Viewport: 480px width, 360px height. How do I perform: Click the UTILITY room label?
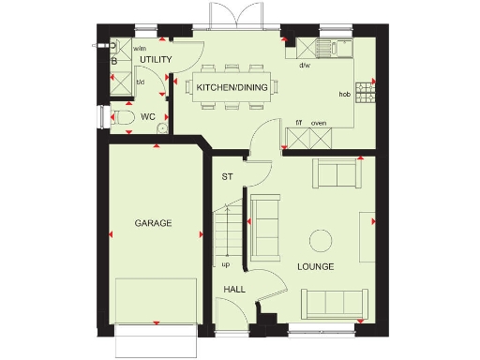[x=156, y=60]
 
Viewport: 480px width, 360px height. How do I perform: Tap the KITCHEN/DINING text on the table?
[x=232, y=88]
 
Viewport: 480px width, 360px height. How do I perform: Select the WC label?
[x=147, y=118]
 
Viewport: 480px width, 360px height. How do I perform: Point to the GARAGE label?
[x=153, y=223]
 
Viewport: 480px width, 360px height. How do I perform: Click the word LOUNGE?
[x=315, y=267]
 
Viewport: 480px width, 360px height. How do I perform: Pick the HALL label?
[x=234, y=290]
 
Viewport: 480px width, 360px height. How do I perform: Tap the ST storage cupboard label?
[x=226, y=176]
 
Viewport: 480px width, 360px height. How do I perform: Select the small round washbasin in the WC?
[x=162, y=129]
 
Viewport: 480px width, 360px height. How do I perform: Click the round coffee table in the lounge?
[x=321, y=242]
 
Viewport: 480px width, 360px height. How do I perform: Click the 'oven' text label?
[x=319, y=122]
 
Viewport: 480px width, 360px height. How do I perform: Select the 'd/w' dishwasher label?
[x=305, y=67]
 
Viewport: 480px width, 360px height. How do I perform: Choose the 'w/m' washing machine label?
[x=140, y=48]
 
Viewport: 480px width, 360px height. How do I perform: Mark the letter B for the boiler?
[x=114, y=62]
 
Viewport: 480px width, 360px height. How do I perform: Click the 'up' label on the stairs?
[x=225, y=263]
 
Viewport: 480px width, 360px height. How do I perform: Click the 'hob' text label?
[x=344, y=96]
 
